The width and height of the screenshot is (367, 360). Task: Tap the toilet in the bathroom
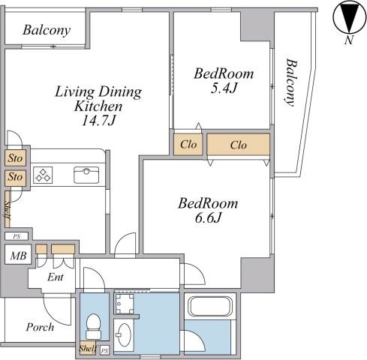click(x=93, y=326)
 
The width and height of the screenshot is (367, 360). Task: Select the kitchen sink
click(x=86, y=175)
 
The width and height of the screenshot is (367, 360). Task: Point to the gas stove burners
click(x=43, y=175)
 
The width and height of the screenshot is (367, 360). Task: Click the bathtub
click(x=210, y=307)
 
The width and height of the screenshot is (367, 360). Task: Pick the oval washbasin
click(x=124, y=334)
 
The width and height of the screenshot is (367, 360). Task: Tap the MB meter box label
click(x=18, y=256)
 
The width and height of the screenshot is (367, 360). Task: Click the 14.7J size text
click(x=99, y=121)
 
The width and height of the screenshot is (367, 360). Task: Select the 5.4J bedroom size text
click(x=224, y=88)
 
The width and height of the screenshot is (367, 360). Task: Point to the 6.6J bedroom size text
click(x=208, y=218)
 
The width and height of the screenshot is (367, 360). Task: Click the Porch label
click(x=40, y=327)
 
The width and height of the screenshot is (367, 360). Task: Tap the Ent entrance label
click(x=56, y=277)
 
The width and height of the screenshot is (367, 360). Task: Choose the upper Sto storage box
click(x=16, y=158)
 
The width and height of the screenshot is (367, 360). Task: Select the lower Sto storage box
click(x=16, y=178)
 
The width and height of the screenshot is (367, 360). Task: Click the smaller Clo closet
click(x=188, y=145)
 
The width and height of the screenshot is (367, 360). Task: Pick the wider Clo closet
click(x=239, y=145)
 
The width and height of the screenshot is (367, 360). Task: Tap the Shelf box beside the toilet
click(x=88, y=348)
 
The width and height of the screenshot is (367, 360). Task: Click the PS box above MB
click(x=17, y=236)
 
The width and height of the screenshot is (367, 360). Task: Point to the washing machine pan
click(x=125, y=304)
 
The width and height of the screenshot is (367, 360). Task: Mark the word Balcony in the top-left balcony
click(x=47, y=31)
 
